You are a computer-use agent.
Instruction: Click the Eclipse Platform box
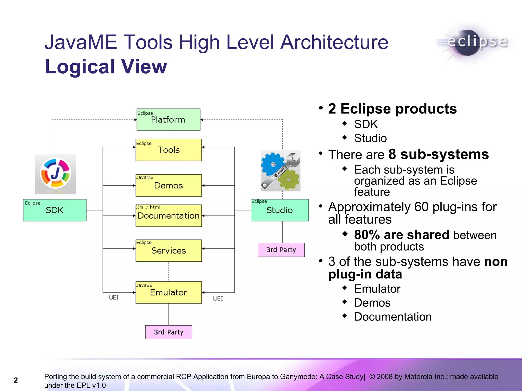[168, 120]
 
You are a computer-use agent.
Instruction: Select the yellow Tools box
[168, 150]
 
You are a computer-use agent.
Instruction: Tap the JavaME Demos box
[168, 185]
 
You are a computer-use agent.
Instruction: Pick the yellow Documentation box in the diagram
[168, 216]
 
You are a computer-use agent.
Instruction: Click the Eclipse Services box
[168, 250]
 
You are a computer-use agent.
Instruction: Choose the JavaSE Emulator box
[168, 292]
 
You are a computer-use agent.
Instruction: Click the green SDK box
[55, 210]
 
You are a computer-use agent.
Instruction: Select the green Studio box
[280, 210]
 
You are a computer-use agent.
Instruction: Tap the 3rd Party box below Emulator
[168, 332]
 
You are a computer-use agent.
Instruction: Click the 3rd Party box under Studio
[281, 250]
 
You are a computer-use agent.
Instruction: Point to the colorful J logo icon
[55, 174]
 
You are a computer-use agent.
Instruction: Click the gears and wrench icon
[281, 171]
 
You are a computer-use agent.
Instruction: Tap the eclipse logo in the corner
[474, 42]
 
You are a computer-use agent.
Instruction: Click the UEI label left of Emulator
[114, 298]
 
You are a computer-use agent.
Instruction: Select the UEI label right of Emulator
[218, 298]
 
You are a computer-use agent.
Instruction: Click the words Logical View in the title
[106, 67]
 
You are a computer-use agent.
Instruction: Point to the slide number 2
[16, 380]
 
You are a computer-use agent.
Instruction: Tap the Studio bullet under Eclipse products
[370, 138]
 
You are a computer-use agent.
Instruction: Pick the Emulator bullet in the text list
[377, 289]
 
